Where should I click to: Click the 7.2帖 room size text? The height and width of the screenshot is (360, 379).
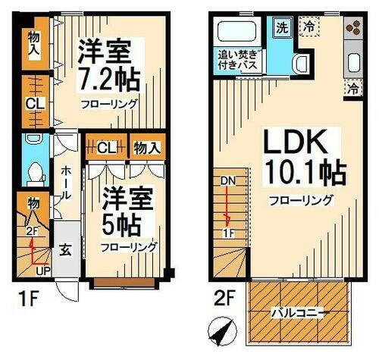point(107,80)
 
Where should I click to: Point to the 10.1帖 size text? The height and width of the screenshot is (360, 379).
point(302,174)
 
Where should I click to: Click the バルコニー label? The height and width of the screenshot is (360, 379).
point(299,311)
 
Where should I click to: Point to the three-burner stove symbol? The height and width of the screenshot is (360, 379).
point(353,29)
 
